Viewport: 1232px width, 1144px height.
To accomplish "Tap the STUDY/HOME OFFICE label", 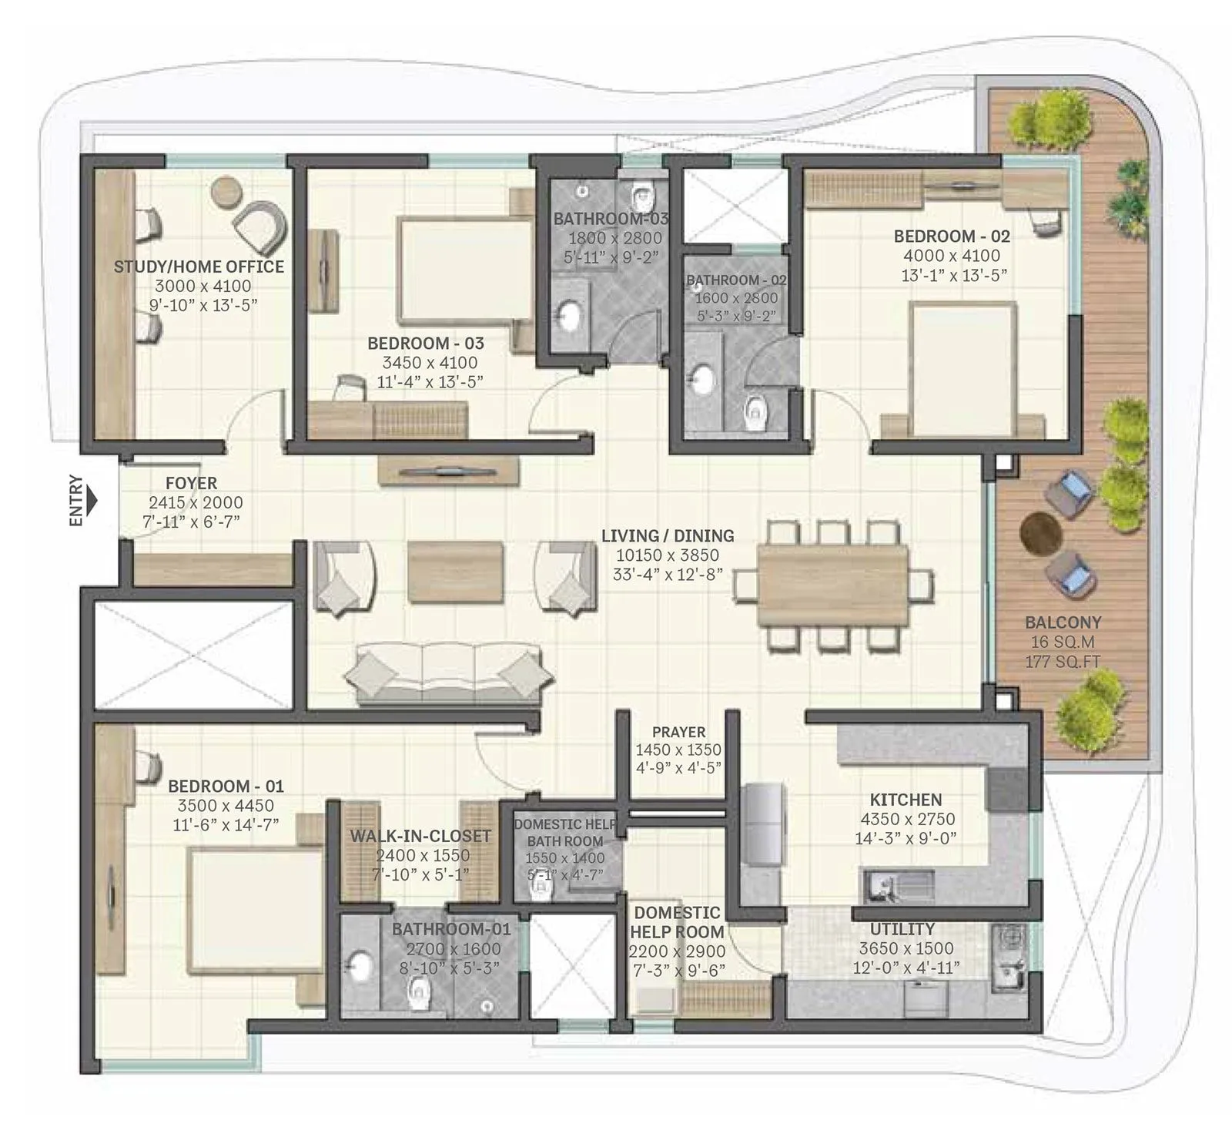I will click(x=199, y=267).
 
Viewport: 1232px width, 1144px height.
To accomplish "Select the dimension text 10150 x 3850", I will click(x=667, y=555).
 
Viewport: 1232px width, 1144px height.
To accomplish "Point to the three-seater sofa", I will click(x=448, y=676).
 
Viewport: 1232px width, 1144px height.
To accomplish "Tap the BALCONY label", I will click(x=1063, y=622).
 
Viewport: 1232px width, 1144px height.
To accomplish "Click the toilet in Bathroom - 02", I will click(x=756, y=413).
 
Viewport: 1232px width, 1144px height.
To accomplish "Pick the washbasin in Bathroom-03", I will click(x=569, y=314).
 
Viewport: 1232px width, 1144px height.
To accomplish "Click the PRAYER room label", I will click(x=678, y=732).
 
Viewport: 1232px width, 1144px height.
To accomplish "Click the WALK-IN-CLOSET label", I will click(x=420, y=836).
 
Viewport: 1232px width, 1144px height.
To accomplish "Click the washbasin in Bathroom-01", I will click(x=359, y=968).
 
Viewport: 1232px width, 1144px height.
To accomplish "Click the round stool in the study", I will click(x=226, y=191).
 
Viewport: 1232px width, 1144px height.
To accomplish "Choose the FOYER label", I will click(x=191, y=483).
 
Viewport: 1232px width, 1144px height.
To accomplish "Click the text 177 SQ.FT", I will click(x=1062, y=661).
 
